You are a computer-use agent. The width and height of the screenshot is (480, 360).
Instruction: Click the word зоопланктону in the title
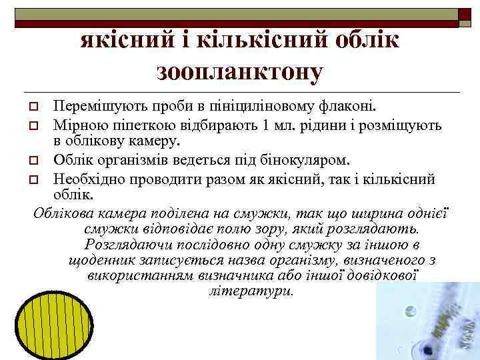pos(240,70)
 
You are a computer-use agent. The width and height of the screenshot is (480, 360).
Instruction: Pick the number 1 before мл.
pos(267,125)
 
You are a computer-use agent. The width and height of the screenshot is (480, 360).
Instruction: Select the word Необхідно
pos(89,179)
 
